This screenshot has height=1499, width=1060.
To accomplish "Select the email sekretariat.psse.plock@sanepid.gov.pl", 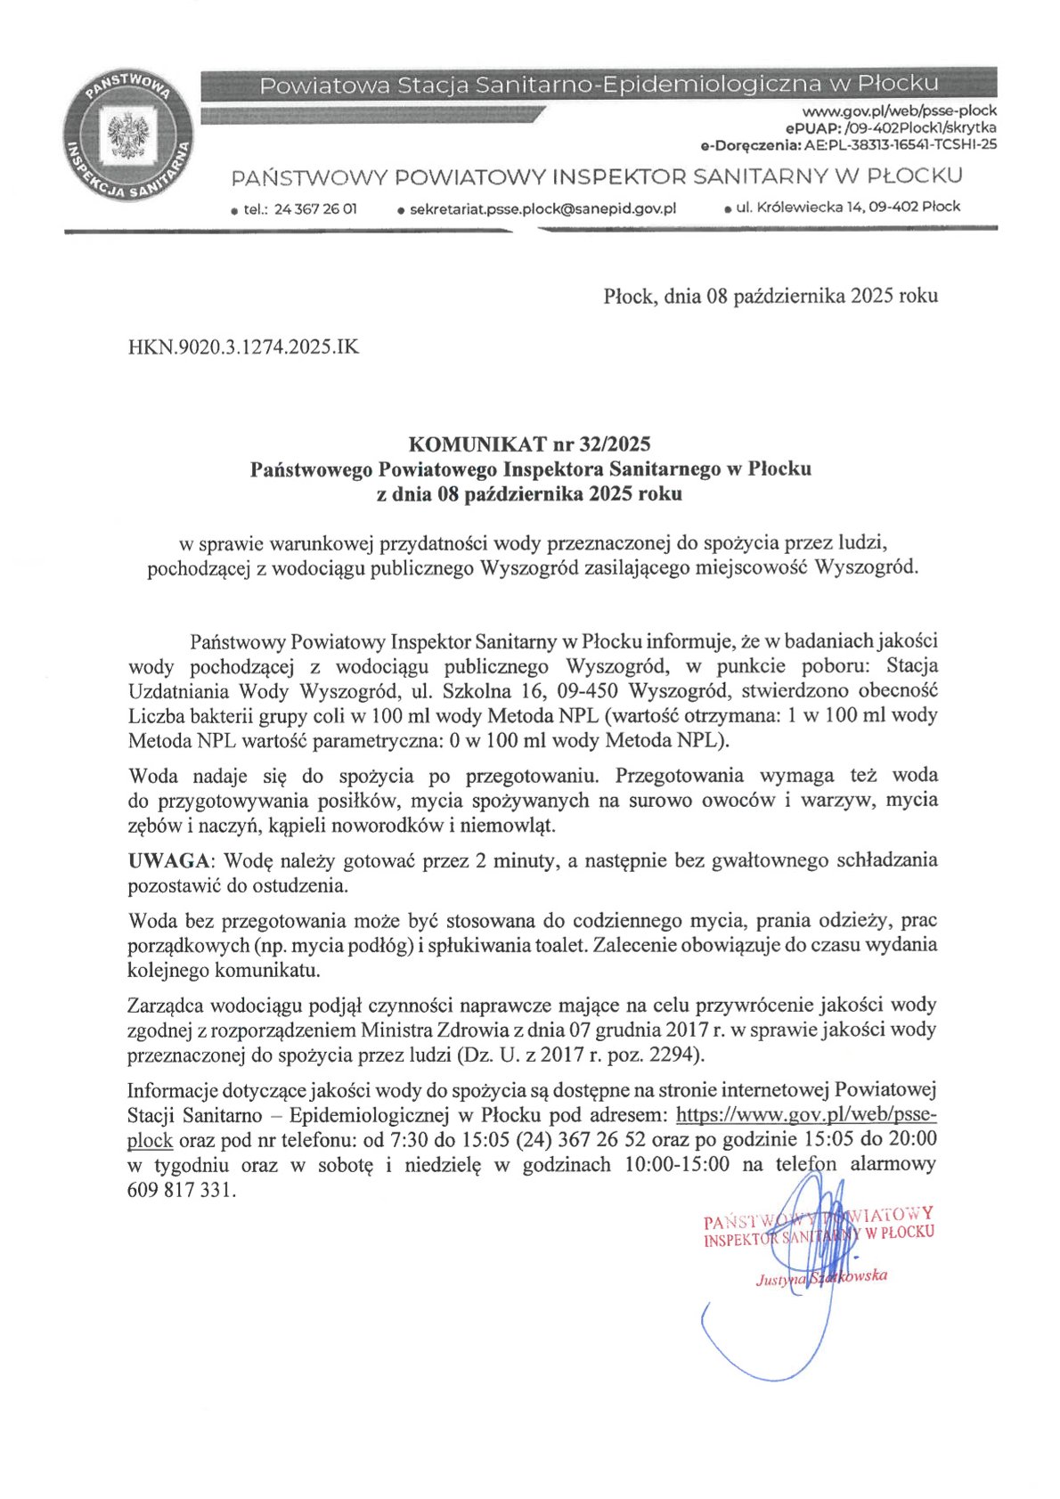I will click(x=542, y=208).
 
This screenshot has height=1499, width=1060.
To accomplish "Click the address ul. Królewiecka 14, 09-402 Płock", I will click(x=848, y=207).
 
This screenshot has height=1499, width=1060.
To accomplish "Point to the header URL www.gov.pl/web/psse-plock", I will click(x=899, y=111).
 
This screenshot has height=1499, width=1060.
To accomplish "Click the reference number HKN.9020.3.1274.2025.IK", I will click(x=244, y=347).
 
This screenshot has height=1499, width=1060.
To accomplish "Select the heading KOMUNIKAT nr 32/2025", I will click(x=529, y=444).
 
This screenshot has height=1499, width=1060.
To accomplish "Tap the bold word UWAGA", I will click(x=170, y=860).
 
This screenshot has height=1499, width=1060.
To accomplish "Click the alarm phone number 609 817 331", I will click(x=181, y=1190).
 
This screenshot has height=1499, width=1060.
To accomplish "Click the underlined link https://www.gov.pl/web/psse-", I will click(x=806, y=1115).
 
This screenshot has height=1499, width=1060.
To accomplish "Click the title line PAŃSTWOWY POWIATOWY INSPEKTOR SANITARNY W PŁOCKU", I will click(x=596, y=176).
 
